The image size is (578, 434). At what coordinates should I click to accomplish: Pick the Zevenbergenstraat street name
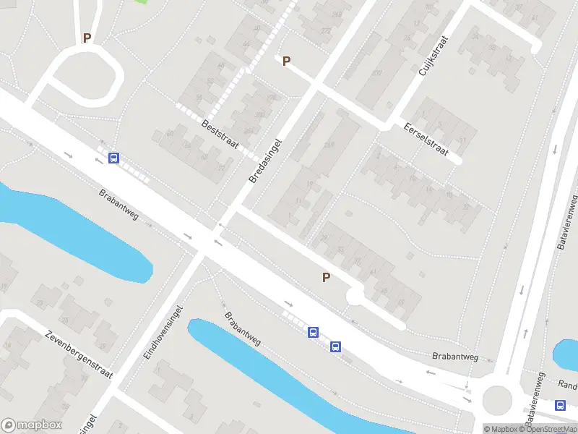pyautogui.click(x=79, y=355)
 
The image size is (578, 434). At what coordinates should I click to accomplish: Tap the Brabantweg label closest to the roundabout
pyautogui.click(x=455, y=356)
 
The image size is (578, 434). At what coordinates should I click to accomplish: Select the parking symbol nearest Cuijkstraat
pyautogui.click(x=286, y=61)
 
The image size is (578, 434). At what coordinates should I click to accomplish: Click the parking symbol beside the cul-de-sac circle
pyautogui.click(x=326, y=277)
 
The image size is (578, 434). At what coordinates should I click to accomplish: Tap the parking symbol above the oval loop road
pyautogui.click(x=87, y=38)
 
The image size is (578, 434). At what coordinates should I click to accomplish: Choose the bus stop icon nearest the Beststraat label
pyautogui.click(x=113, y=158)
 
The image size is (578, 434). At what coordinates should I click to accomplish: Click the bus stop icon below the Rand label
pyautogui.click(x=561, y=405)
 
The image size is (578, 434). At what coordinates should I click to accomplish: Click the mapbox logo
pyautogui.click(x=32, y=425)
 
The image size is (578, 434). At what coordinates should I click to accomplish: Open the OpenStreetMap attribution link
pyautogui.click(x=549, y=429)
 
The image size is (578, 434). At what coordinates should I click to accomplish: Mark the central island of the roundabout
pyautogui.click(x=497, y=399)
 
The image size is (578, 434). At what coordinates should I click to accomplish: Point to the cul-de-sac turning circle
pyautogui.click(x=355, y=297)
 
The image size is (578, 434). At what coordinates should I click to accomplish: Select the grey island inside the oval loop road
pyautogui.click(x=87, y=74)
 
